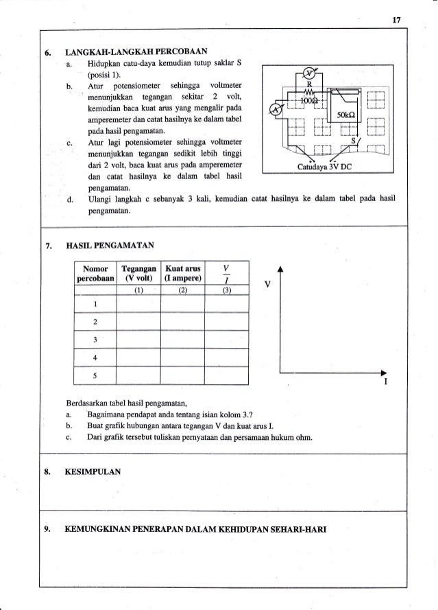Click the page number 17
(396, 19)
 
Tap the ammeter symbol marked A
(275, 109)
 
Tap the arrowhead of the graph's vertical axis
(280, 270)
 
